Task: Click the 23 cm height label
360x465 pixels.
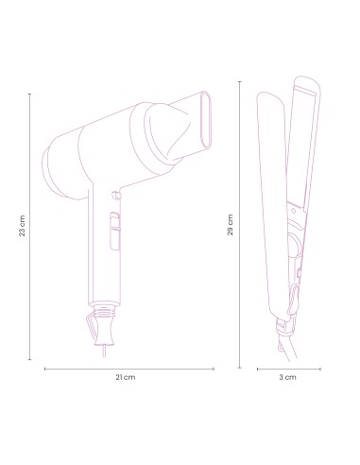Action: pyautogui.click(x=22, y=228)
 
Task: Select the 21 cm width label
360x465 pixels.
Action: pyautogui.click(x=126, y=377)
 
